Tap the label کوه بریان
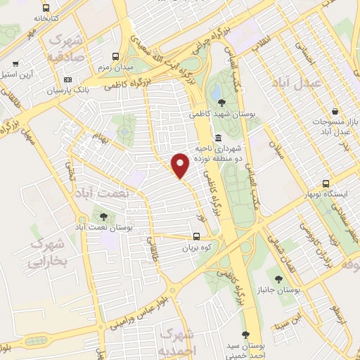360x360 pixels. (x=198, y=248)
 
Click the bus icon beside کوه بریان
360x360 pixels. (x=198, y=237)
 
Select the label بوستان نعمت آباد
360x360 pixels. (x=105, y=228)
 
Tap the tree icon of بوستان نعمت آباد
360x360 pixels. (x=105, y=217)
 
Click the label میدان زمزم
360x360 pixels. (x=115, y=67)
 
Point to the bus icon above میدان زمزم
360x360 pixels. (x=115, y=56)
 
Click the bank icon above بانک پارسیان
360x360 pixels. (x=67, y=80)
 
